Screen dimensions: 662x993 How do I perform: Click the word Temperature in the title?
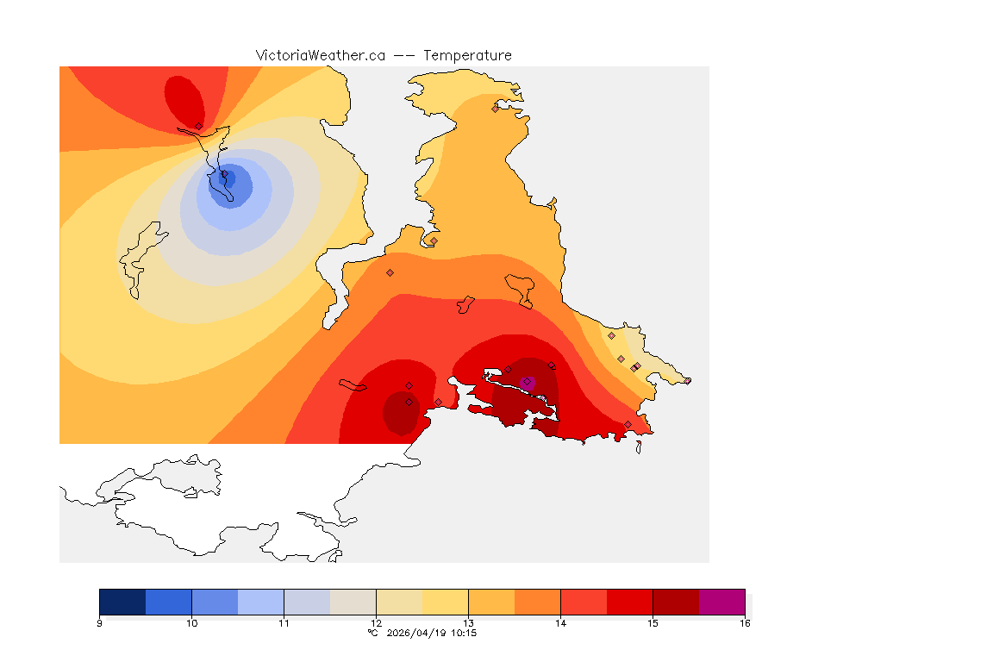click(467, 55)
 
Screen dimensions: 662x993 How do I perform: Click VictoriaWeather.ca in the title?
click(320, 55)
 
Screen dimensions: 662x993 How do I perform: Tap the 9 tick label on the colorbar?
click(100, 622)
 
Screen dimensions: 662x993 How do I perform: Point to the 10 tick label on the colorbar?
click(191, 622)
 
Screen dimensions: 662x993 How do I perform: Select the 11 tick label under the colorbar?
click(284, 622)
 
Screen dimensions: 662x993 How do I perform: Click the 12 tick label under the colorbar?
click(376, 622)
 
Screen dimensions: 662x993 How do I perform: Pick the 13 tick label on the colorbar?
click(468, 622)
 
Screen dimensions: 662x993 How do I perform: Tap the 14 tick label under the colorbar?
click(560, 622)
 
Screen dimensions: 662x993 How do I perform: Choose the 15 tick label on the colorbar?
click(653, 622)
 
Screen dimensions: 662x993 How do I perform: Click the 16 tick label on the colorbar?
click(744, 622)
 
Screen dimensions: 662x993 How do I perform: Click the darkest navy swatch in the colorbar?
click(122, 601)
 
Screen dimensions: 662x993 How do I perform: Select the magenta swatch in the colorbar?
click(721, 601)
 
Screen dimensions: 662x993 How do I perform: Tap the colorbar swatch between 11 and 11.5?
click(307, 601)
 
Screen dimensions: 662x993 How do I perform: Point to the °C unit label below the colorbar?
click(372, 633)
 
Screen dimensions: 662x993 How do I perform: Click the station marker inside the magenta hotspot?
click(527, 382)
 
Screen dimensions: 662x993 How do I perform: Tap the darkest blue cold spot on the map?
click(228, 178)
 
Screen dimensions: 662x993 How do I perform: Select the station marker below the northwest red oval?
click(198, 126)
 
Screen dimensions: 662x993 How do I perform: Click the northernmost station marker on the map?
click(495, 109)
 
